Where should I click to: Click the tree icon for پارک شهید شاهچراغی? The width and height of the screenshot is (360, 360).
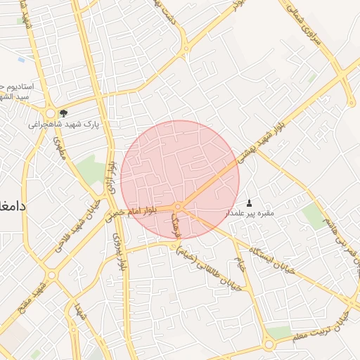tap(64, 112)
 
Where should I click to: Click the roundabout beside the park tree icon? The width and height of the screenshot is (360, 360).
tap(50, 114)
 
